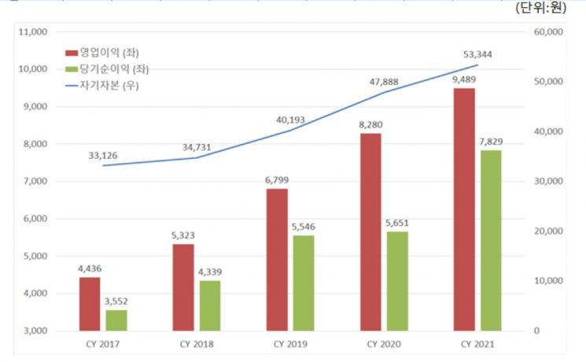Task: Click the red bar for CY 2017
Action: [x=90, y=304]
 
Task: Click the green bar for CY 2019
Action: [x=303, y=283]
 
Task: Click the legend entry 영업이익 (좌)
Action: [x=102, y=53]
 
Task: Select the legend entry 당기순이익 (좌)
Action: [x=107, y=69]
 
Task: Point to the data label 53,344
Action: [x=477, y=54]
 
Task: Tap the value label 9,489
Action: [x=463, y=79]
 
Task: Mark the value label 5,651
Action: [x=398, y=222]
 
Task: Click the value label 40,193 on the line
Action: [x=290, y=120]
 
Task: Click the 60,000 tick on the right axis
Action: [x=548, y=32]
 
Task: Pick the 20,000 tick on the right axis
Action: [x=548, y=231]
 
